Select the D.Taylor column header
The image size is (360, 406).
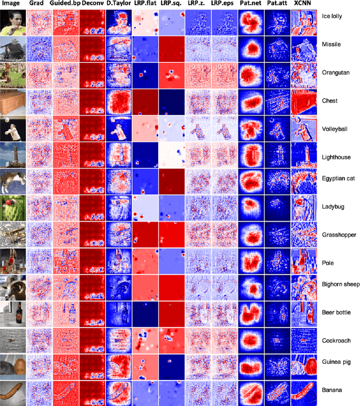pyautogui.click(x=118, y=5)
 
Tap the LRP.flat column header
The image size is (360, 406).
pyautogui.click(x=145, y=5)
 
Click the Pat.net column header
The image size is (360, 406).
pyautogui.click(x=250, y=5)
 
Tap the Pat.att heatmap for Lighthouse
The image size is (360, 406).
pyautogui.click(x=277, y=155)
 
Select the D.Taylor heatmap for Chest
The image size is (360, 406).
pyautogui.click(x=118, y=102)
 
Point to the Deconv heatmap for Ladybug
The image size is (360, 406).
pyautogui.click(x=92, y=208)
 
